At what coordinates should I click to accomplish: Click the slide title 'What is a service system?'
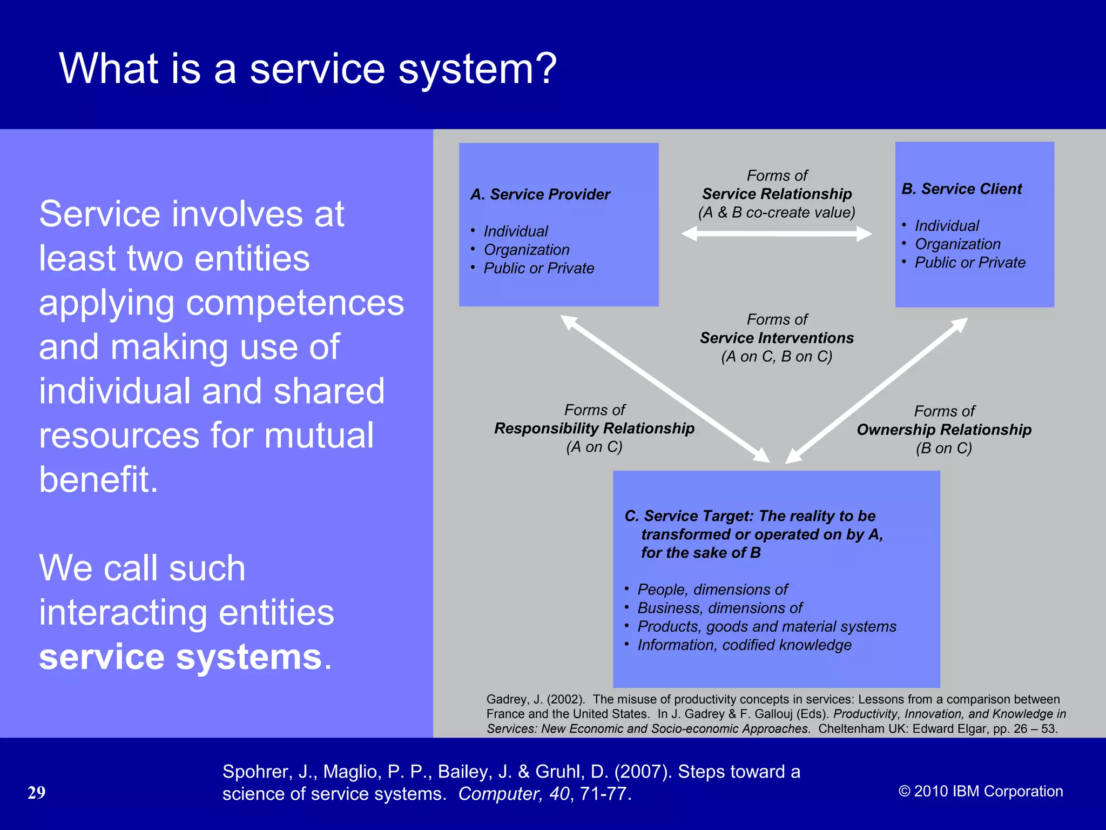pos(308,69)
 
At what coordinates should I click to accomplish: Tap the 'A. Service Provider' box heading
pos(540,195)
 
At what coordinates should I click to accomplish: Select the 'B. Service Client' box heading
pos(962,189)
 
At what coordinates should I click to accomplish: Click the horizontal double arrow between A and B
pos(777,234)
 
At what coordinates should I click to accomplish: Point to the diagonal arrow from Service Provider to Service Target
pos(664,389)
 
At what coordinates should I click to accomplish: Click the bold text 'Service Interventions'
pos(777,338)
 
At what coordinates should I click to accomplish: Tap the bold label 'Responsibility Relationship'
pos(594,429)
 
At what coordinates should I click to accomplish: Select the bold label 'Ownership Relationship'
pos(944,430)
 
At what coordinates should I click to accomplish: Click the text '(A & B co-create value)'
pos(777,213)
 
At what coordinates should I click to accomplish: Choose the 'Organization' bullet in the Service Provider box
pos(527,250)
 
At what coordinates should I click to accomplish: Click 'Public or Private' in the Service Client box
pos(970,263)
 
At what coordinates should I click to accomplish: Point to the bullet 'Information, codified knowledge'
pos(744,645)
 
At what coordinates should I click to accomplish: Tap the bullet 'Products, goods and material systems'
pos(767,627)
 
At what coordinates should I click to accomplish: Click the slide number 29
pos(36,793)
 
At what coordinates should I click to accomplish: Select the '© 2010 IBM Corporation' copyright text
pos(981,792)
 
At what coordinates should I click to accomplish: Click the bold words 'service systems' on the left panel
pos(180,657)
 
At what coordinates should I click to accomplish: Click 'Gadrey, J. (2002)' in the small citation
pos(535,700)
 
